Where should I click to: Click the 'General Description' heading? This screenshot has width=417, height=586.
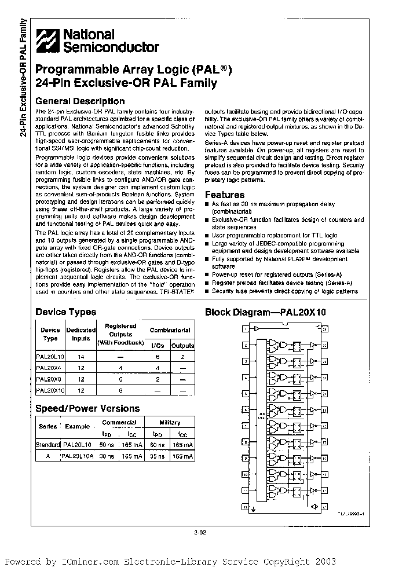pyautogui.click(x=80, y=101)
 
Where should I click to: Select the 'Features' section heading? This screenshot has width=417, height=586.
pyautogui.click(x=225, y=195)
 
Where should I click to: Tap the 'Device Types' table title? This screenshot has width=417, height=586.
pyautogui.click(x=66, y=312)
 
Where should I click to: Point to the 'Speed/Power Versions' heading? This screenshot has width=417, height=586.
pyautogui.click(x=87, y=408)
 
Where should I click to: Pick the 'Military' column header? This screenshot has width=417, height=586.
pyautogui.click(x=170, y=423)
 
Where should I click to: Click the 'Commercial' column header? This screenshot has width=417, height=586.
pyautogui.click(x=119, y=423)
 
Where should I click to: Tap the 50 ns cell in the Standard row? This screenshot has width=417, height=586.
pyautogui.click(x=108, y=445)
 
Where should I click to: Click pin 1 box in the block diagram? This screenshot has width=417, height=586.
pyautogui.click(x=246, y=329)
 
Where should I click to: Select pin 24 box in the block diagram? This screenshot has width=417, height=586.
pyautogui.click(x=325, y=329)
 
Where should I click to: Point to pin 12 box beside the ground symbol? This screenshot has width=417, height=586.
pyautogui.click(x=246, y=506)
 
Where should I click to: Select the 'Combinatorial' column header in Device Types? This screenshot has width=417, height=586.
pyautogui.click(x=170, y=330)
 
